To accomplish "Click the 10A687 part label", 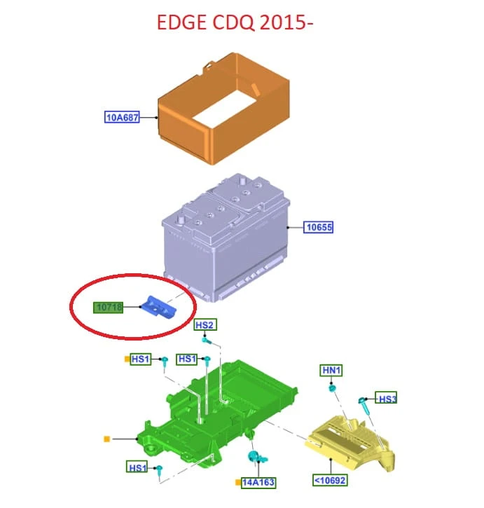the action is (122, 117).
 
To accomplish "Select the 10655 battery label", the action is (319, 227).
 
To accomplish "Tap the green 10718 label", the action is (108, 308).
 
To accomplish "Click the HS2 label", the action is (205, 324).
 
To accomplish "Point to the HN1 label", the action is (331, 370).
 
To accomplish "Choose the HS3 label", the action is (386, 398).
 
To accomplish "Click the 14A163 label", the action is (258, 482).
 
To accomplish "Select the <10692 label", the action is (330, 480).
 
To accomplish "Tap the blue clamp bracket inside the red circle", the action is (158, 308).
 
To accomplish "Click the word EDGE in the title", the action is (181, 22).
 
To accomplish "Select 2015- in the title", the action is (286, 22).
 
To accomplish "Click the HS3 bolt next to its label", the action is (364, 405).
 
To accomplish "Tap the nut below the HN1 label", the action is (332, 387).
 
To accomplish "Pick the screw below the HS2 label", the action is (207, 341).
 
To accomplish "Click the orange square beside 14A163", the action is (238, 482).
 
